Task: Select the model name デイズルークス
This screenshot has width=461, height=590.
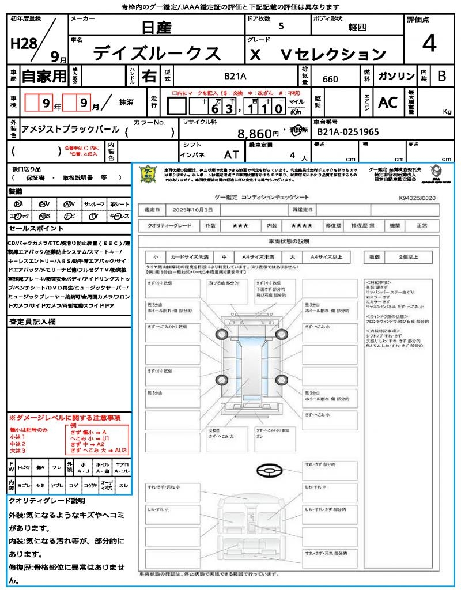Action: [157, 53]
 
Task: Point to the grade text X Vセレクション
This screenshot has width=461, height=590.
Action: [318, 54]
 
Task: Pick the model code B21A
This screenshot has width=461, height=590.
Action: [235, 76]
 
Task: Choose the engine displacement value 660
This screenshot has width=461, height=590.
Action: [330, 79]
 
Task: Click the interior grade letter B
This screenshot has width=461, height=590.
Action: [441, 76]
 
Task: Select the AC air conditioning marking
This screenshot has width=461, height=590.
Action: [388, 103]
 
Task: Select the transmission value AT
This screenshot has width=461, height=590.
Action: [231, 155]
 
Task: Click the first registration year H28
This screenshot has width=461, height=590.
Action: [22, 44]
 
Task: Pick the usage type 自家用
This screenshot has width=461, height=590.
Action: [44, 76]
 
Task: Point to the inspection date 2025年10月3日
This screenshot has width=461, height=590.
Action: [197, 209]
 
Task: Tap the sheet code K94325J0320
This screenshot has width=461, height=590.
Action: [417, 198]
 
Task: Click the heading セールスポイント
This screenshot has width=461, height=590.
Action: [32, 229]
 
